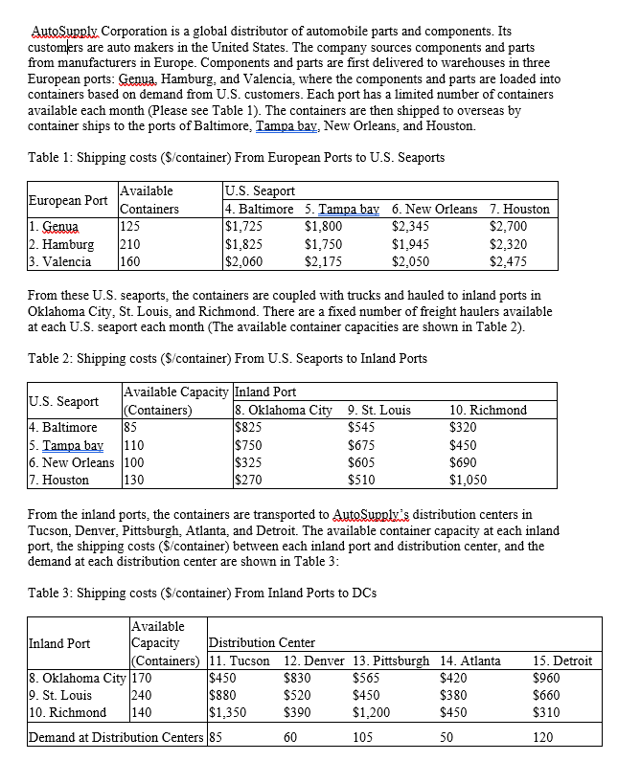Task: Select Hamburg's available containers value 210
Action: [131, 243]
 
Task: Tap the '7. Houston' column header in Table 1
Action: [519, 209]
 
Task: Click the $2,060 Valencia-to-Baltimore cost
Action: [243, 260]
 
